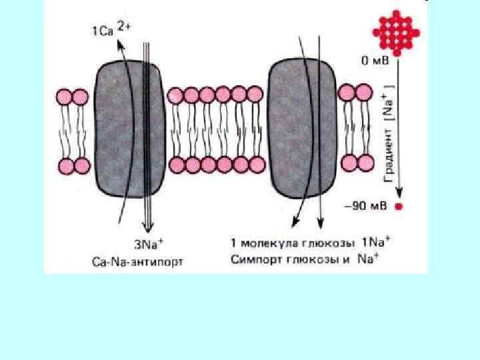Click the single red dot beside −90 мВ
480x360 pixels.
coord(399,207)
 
